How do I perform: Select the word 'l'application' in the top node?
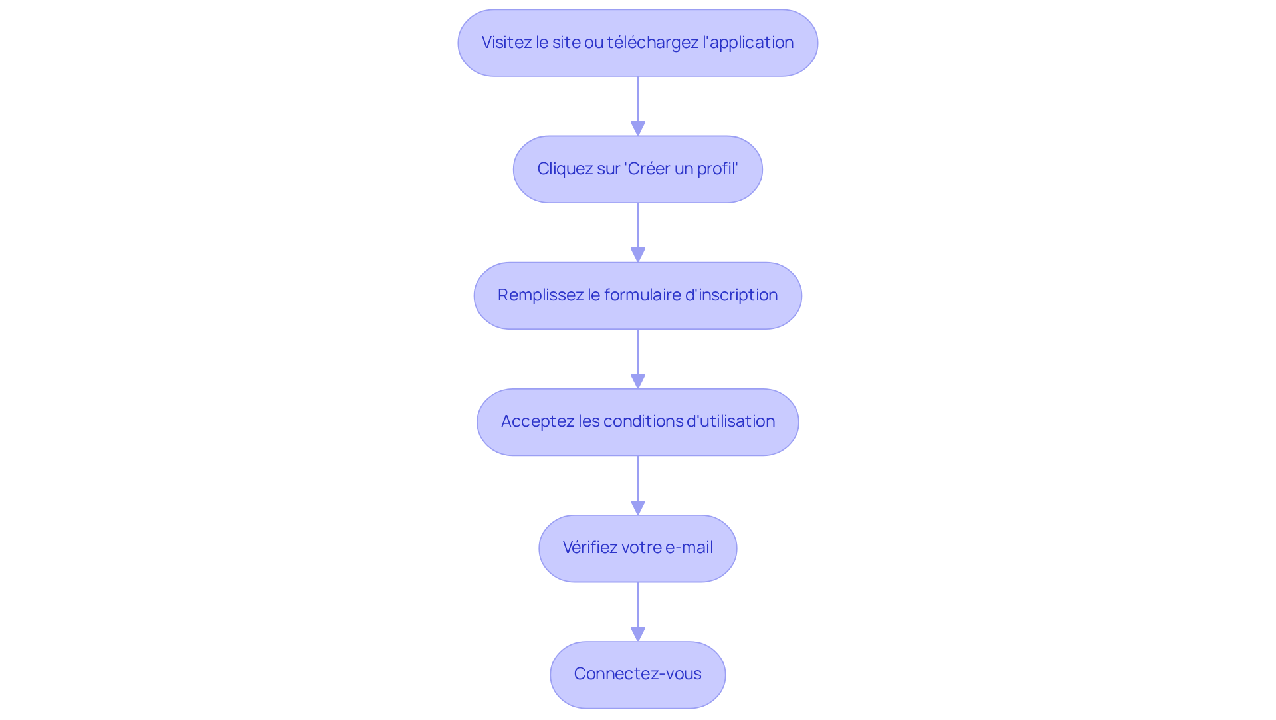[748, 43]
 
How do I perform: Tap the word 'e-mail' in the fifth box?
[689, 548]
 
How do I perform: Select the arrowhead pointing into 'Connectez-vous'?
[638, 634]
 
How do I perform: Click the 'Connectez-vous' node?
[638, 674]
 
